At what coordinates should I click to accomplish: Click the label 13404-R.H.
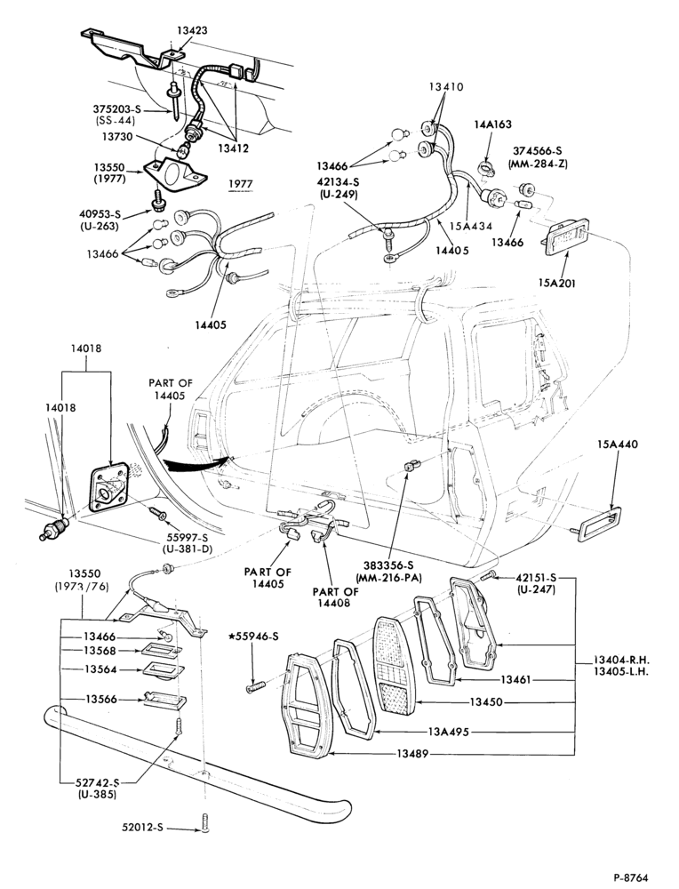click(x=621, y=660)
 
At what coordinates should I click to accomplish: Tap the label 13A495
click(x=448, y=732)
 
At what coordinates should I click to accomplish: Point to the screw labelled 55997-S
click(x=158, y=514)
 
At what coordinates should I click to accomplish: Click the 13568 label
click(x=100, y=651)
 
